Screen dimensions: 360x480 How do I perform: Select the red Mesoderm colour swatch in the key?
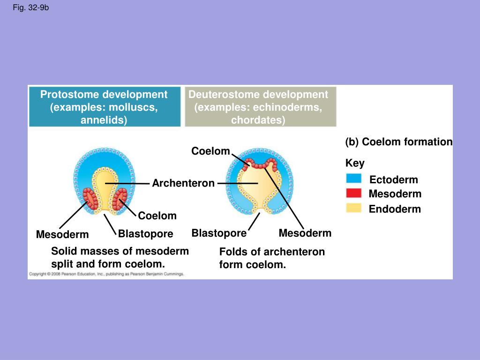pos(353,193)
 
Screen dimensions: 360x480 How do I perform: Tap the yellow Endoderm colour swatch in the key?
pos(353,208)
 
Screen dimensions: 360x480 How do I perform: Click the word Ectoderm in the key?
pos(393,180)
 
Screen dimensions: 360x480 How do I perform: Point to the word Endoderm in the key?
pos(395,209)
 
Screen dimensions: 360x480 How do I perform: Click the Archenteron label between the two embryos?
pos(183,183)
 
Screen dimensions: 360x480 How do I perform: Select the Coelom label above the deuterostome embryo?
pos(210,151)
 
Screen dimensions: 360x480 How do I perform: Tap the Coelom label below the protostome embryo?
pos(157,216)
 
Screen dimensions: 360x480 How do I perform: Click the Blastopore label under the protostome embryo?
pos(145,233)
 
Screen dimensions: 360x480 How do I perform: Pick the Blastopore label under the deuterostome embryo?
pos(219,233)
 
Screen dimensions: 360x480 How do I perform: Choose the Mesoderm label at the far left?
pos(62,234)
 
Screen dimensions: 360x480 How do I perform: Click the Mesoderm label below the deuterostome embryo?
pos(305,233)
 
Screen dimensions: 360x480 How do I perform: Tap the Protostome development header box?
pos(104,107)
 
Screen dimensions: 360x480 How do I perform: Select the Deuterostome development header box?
pos(260,107)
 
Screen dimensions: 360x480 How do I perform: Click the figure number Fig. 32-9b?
pos(30,8)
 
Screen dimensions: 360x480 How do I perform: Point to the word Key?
pos(355,163)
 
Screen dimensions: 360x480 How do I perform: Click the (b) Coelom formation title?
pos(399,142)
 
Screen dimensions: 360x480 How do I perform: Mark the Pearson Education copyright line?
pos(107,274)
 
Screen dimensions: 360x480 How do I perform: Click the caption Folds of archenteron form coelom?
pos(272,258)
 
